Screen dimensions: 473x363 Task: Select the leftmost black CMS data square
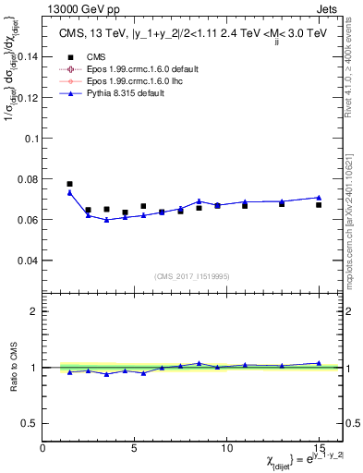pyautogui.click(x=70, y=184)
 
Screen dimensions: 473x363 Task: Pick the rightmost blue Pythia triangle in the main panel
pyautogui.click(x=319, y=197)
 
